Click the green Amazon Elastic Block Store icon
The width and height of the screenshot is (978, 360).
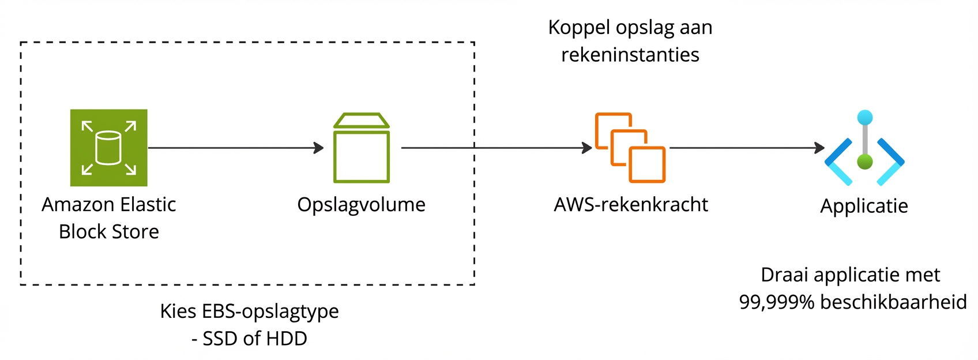coord(108,148)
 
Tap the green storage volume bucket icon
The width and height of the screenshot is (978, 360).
coord(362,148)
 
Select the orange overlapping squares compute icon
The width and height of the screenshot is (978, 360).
coord(630,148)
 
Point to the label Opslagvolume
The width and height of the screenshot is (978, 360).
coord(361,204)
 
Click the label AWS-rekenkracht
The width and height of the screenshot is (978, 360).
coord(630,204)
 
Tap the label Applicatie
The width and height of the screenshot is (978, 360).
coord(864,206)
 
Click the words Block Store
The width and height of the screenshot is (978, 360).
coord(108,231)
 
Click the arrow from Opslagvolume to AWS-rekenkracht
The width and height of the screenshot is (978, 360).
coord(496,148)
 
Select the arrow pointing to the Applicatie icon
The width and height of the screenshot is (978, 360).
coord(747,148)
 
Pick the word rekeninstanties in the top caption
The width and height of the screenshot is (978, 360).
coord(630,55)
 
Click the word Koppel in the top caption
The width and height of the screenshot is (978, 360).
coord(578,28)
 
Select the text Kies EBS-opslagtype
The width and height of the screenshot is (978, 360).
coord(249,311)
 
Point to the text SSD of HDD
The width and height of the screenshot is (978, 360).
coord(254,339)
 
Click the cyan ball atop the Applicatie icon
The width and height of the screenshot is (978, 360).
coord(864,118)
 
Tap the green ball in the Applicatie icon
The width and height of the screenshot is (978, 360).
coord(864,162)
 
